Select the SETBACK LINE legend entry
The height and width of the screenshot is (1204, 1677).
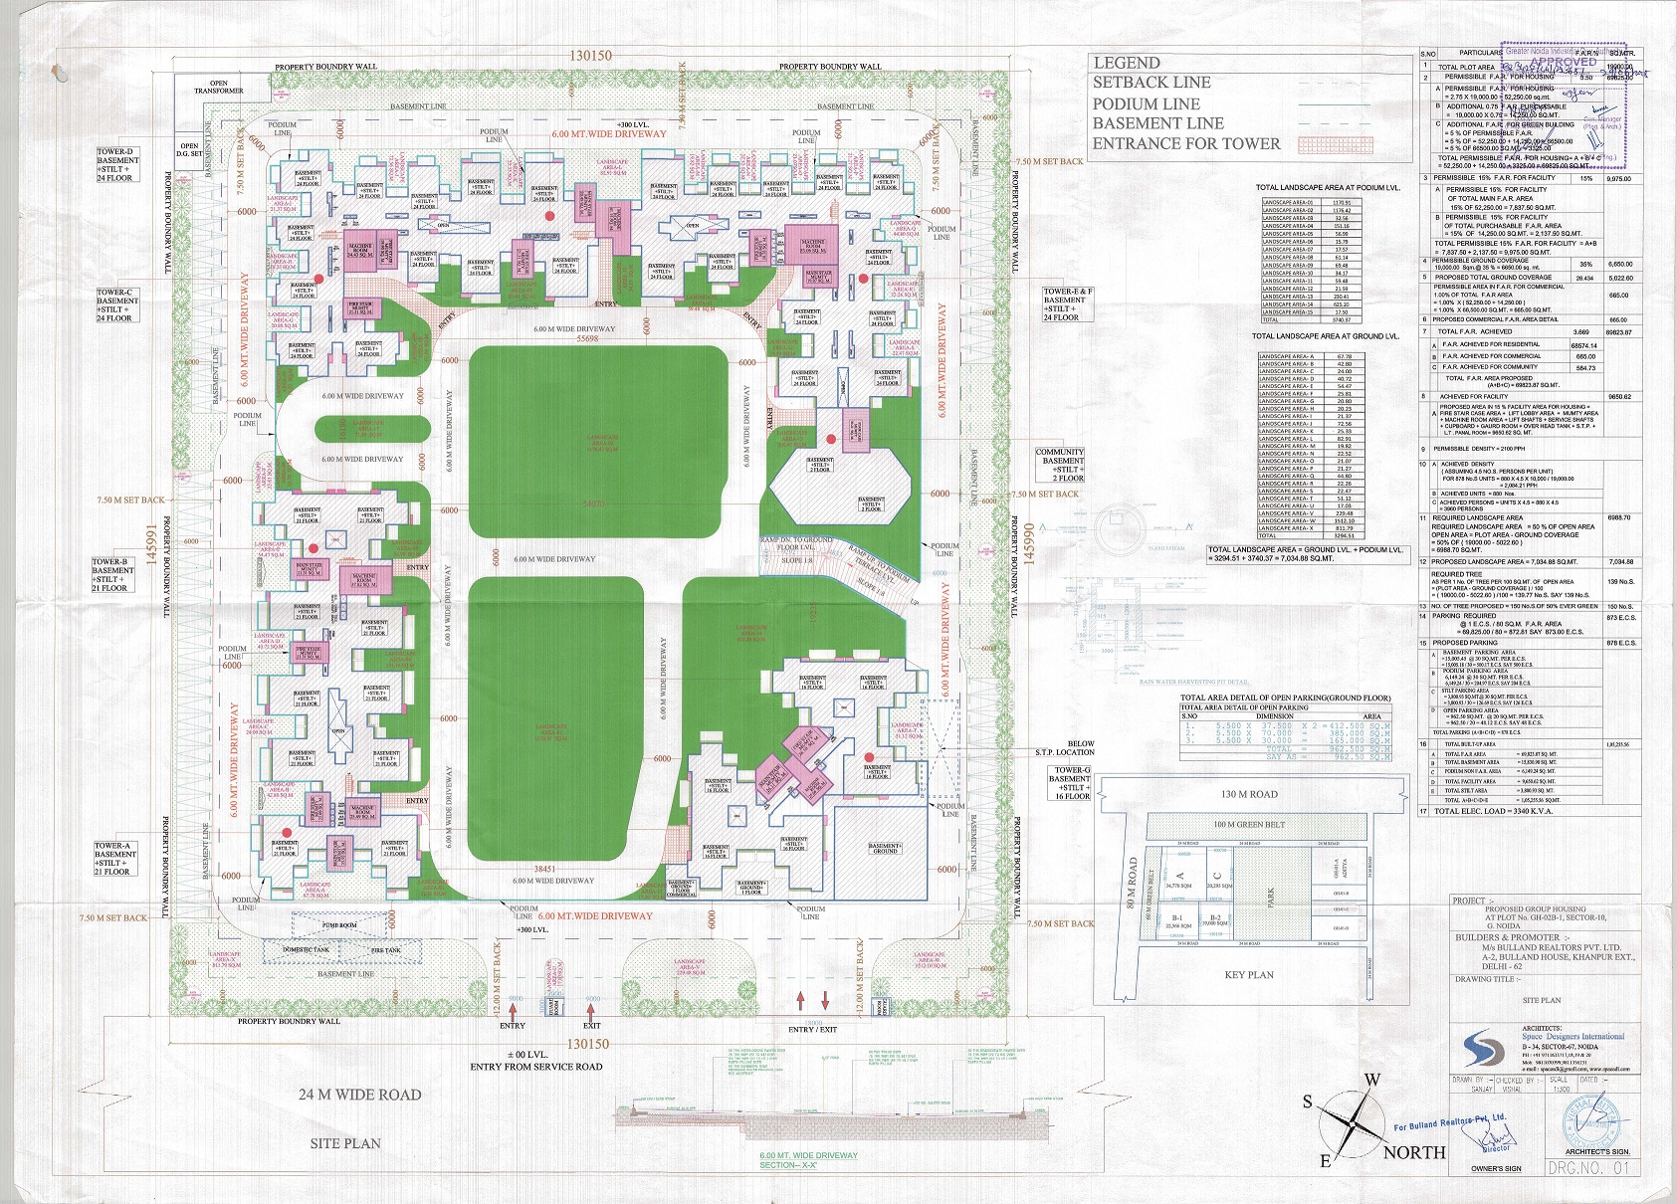[1152, 83]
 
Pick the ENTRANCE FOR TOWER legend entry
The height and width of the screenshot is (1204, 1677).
[1186, 143]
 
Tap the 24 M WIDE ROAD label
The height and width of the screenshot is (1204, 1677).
[360, 1095]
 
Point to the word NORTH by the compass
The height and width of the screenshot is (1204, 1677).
[1414, 1152]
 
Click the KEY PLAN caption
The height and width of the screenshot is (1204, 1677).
[1249, 975]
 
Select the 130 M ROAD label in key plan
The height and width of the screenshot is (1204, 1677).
[1249, 795]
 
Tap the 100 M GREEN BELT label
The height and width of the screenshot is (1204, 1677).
[1249, 825]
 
